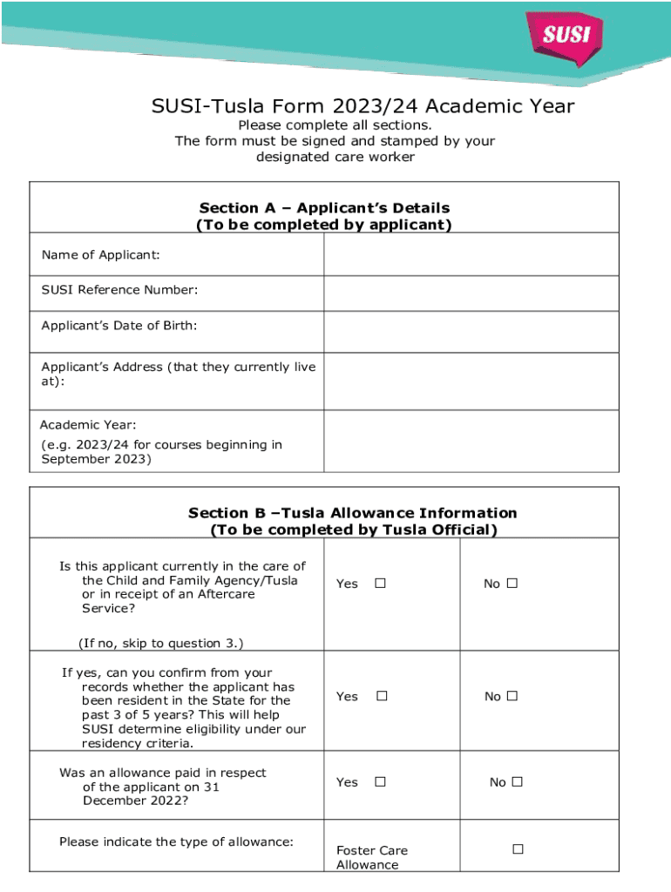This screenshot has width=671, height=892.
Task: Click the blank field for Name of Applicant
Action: [471, 254]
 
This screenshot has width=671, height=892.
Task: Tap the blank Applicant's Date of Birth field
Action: [471, 331]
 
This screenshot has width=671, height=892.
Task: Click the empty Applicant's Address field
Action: [471, 381]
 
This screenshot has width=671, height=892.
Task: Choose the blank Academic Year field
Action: [471, 441]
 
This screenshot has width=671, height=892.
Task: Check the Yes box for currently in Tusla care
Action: [380, 583]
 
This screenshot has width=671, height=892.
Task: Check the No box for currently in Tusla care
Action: [512, 583]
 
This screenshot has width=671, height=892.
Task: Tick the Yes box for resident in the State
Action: [381, 696]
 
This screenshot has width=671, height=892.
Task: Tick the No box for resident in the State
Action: [512, 696]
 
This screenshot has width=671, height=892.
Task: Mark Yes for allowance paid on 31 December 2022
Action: [380, 782]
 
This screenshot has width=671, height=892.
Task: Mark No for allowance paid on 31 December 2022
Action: [517, 782]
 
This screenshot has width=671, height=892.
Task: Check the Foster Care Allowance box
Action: [518, 848]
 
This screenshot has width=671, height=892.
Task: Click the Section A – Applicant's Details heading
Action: [324, 208]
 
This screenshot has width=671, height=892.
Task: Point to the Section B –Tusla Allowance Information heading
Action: [353, 513]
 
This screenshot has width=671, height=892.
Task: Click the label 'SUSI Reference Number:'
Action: [119, 290]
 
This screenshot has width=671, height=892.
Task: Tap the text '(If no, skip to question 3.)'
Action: [160, 643]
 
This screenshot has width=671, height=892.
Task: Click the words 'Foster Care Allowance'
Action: [371, 857]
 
